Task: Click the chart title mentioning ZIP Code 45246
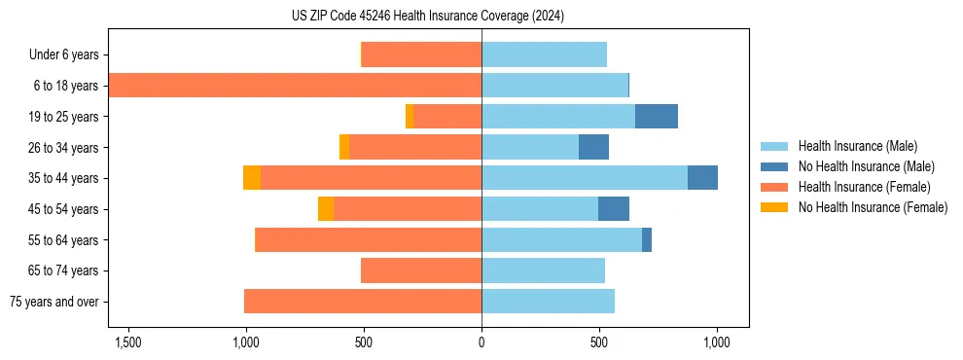tap(427, 17)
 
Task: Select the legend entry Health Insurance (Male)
tap(857, 146)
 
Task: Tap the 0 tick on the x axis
tap(481, 342)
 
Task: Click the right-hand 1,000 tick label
tap(717, 342)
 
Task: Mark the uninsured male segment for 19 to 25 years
tap(657, 117)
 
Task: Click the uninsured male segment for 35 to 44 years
tap(702, 178)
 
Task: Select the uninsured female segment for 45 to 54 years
tap(326, 209)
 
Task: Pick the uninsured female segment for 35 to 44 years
tap(252, 178)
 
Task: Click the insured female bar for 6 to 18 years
tap(295, 86)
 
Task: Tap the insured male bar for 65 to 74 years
tap(543, 270)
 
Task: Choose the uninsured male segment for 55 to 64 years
tap(647, 239)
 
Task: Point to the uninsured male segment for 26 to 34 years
tap(593, 147)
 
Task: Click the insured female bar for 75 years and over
tap(363, 302)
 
